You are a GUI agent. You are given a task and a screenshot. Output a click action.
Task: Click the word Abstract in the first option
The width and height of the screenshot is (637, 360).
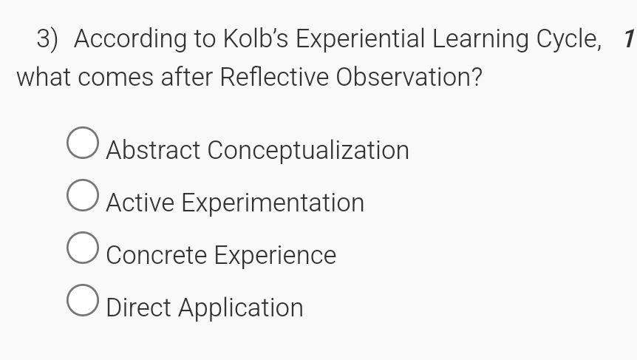pyautogui.click(x=153, y=150)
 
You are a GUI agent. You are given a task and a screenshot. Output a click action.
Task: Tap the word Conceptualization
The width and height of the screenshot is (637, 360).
pyautogui.click(x=308, y=150)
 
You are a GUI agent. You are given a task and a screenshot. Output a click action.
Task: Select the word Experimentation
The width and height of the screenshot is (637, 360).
pyautogui.click(x=273, y=203)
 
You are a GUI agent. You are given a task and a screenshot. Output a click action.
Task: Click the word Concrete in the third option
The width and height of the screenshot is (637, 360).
pyautogui.click(x=157, y=255)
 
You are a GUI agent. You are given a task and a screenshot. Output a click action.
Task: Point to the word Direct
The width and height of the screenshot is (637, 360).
pyautogui.click(x=140, y=308)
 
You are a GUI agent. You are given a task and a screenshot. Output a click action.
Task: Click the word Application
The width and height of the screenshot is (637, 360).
pyautogui.click(x=242, y=308)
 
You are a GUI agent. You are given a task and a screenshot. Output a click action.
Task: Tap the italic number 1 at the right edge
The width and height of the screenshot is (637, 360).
pyautogui.click(x=628, y=39)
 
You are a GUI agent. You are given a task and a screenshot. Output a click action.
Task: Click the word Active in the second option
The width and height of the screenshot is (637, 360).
pyautogui.click(x=140, y=203)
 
